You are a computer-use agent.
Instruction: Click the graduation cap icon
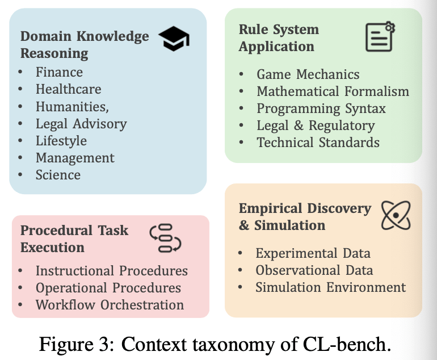(x=174, y=39)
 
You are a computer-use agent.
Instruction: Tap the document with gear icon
(x=380, y=37)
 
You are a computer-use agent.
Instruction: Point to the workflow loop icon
(x=165, y=238)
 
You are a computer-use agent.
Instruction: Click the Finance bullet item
(x=59, y=72)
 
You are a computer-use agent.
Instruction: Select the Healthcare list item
(x=68, y=89)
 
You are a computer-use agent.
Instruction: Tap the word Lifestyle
(x=61, y=141)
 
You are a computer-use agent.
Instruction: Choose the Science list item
(x=58, y=175)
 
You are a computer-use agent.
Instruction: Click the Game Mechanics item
(x=308, y=74)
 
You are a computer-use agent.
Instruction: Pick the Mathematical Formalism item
(x=333, y=91)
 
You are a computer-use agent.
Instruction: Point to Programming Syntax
(x=321, y=108)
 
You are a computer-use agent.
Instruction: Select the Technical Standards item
(x=318, y=142)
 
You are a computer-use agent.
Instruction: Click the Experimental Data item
(x=313, y=253)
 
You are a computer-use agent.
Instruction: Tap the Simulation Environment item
(x=330, y=287)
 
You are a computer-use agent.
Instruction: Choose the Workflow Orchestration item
(x=110, y=305)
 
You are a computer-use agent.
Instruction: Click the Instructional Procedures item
(x=111, y=271)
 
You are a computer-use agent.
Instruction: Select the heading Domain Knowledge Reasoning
(x=85, y=45)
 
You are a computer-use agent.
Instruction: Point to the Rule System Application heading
(x=279, y=38)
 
